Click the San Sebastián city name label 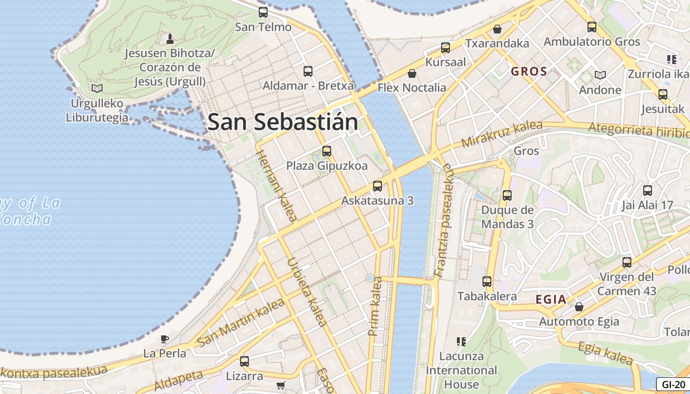282,122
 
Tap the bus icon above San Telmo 263,12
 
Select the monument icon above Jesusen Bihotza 170,38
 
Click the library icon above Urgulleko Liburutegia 97,89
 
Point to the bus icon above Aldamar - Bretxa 308,71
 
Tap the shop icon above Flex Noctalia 412,73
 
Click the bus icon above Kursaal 446,48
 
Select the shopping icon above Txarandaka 497,29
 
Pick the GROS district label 529,71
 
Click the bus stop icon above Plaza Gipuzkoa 327,151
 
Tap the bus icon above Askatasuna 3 378,186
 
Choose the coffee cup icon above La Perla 165,339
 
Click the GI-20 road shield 673,385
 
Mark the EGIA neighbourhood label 551,299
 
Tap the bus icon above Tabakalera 487,282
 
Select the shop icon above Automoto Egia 579,307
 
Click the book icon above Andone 600,75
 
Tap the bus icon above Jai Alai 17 648,190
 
